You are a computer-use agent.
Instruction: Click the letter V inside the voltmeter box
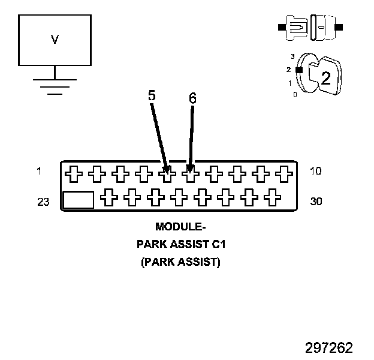point(55,40)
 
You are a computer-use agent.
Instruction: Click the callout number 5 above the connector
point(152,95)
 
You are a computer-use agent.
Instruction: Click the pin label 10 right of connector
point(316,172)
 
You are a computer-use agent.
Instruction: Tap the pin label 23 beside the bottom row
point(43,202)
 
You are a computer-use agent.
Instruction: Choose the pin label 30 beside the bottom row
point(316,202)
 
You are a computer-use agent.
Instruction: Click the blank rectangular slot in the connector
point(79,200)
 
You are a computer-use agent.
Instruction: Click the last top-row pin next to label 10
point(282,174)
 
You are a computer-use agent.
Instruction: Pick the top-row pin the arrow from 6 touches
point(189,174)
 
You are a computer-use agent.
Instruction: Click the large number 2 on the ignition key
point(325,77)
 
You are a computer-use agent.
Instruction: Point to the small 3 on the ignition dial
point(292,56)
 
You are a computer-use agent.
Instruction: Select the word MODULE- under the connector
point(180,227)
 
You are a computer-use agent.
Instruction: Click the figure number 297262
point(328,348)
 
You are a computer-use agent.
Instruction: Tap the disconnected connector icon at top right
point(310,27)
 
